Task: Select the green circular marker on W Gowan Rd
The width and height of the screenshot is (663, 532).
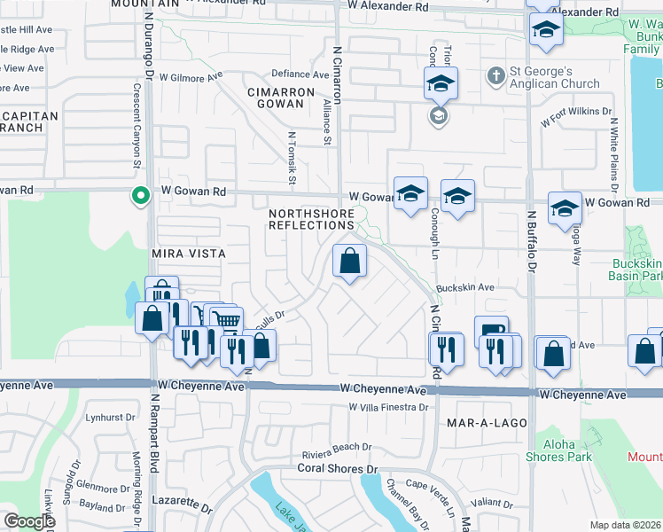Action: pos(139,195)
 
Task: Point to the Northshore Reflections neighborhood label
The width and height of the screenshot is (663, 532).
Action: pos(312,219)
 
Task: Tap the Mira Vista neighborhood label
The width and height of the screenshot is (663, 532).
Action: pos(188,254)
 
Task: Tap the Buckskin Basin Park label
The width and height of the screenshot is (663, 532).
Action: pos(637,270)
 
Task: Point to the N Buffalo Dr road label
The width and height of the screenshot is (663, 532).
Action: pos(533,239)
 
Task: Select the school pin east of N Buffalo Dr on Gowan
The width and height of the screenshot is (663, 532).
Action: pos(564,208)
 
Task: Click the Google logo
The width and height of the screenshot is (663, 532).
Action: pos(29,521)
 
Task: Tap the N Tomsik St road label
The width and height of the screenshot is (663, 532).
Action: pos(291,160)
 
